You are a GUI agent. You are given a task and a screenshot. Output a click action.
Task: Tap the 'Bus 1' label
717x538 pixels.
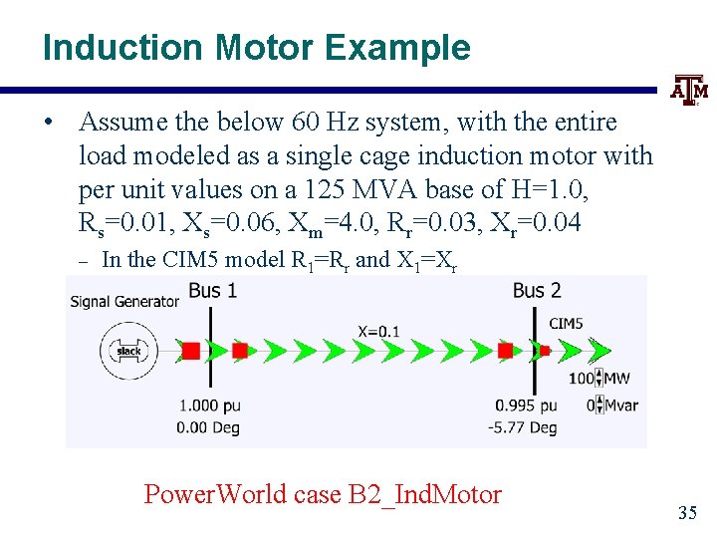[x=212, y=290]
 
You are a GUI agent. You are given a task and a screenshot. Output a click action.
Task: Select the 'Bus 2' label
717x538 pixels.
[x=537, y=290]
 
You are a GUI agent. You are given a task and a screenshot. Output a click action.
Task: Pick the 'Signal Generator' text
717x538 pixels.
[x=124, y=301]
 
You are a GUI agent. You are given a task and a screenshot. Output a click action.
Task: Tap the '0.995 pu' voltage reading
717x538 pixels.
[x=527, y=405]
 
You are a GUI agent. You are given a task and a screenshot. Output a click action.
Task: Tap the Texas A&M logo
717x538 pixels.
[x=689, y=91]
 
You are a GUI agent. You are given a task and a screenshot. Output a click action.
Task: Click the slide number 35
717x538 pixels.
[x=687, y=513]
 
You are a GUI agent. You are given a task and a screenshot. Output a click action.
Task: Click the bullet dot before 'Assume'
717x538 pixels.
[x=48, y=123]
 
